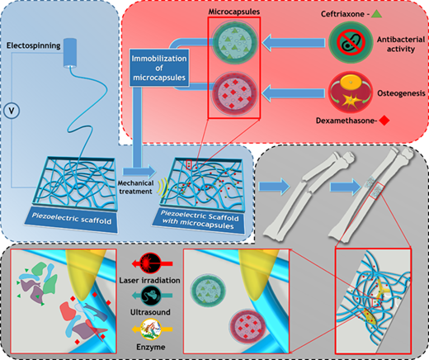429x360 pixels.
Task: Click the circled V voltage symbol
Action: [x=12, y=111]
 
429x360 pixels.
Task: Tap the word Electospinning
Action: [x=33, y=45]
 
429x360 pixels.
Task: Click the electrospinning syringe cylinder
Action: [x=70, y=53]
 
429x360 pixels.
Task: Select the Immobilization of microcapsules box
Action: [x=159, y=68]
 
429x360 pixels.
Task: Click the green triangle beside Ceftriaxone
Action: [x=376, y=14]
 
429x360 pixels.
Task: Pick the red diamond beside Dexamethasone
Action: [x=384, y=121]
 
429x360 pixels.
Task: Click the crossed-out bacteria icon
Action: [x=351, y=43]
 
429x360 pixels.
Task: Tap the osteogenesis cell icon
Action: [x=351, y=92]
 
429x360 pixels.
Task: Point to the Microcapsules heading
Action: [x=234, y=12]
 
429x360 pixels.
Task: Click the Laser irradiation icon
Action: [x=150, y=263]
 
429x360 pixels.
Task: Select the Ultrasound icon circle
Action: [x=151, y=296]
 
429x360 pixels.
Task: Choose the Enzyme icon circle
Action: [x=151, y=329]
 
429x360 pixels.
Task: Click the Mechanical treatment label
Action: [x=135, y=187]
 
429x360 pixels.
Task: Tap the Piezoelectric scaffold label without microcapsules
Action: [x=72, y=218]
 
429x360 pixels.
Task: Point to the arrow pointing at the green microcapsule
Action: [x=294, y=43]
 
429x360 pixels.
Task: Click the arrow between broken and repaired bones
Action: [x=345, y=187]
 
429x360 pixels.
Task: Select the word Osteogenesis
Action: [x=401, y=93]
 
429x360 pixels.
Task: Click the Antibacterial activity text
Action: [x=401, y=44]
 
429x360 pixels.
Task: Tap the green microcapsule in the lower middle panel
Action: [x=208, y=290]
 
